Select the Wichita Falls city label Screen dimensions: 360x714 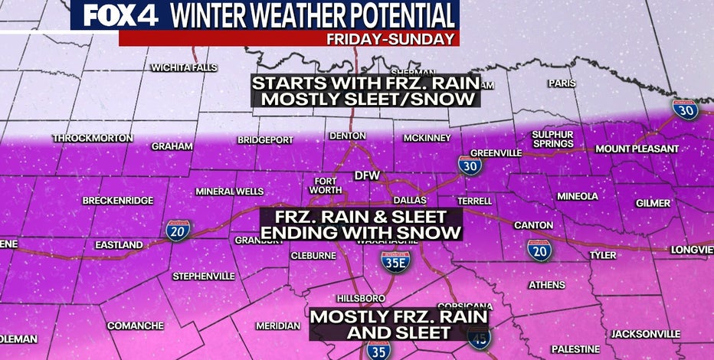coord(184,67)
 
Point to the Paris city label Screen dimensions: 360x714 coord(562,83)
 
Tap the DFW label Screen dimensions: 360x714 coord(367,175)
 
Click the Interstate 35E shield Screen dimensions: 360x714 coord(395,261)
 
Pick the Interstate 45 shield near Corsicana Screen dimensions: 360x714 coord(480,338)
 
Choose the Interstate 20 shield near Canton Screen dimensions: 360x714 coord(539,250)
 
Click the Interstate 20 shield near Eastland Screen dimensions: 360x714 coord(178,231)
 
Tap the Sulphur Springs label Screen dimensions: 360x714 coord(552,139)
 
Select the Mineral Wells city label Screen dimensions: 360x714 coord(224,191)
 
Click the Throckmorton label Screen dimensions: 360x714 coord(93,139)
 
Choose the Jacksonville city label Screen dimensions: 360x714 coord(645,334)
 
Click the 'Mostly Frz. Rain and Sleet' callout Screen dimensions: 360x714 coord(398,324)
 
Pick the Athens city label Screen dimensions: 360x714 coord(547,285)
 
